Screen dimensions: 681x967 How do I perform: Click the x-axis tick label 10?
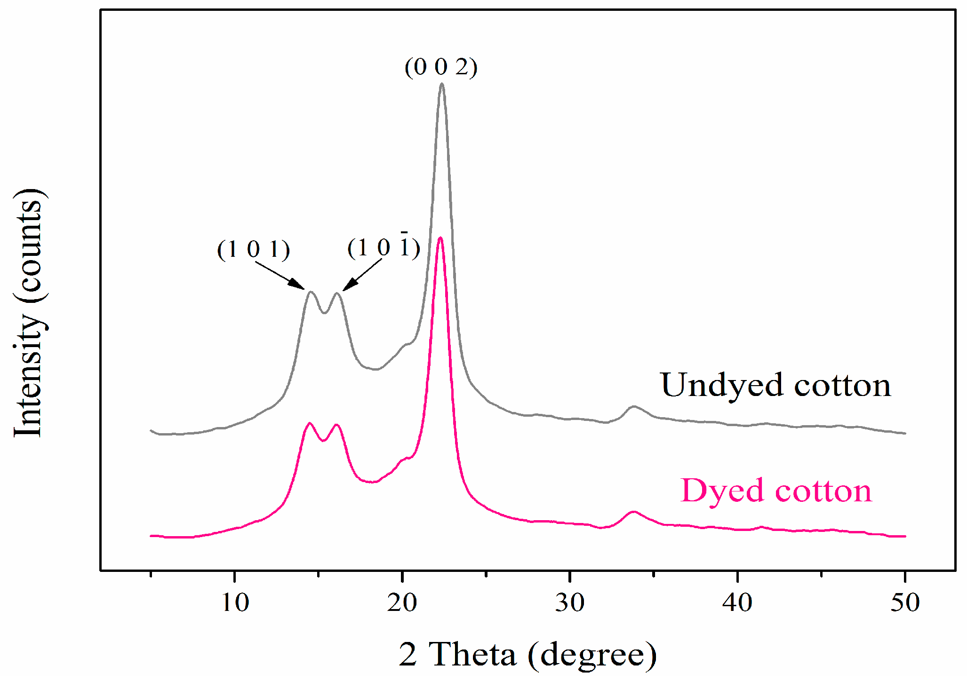(235, 602)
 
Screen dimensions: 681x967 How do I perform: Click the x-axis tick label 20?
(402, 602)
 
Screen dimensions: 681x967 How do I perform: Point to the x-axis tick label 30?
(569, 602)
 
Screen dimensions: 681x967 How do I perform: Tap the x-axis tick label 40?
(737, 602)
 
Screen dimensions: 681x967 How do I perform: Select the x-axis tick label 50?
(904, 602)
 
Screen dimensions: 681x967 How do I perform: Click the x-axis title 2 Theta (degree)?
(527, 654)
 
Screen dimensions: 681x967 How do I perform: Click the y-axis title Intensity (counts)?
(28, 313)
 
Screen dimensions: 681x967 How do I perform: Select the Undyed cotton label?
(775, 385)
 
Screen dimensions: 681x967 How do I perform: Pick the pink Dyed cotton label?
(776, 491)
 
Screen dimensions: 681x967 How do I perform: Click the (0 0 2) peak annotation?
(441, 67)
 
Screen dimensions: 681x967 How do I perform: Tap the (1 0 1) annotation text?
(253, 249)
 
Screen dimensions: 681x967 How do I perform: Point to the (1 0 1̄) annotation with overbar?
(384, 247)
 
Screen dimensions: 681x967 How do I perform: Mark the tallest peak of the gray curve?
(441, 85)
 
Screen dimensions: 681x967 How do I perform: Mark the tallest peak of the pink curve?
(440, 238)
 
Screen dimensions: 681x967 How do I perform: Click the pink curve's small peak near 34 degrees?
(633, 512)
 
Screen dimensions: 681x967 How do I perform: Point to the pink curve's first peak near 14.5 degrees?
(309, 423)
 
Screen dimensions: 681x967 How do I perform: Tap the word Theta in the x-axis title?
(472, 654)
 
